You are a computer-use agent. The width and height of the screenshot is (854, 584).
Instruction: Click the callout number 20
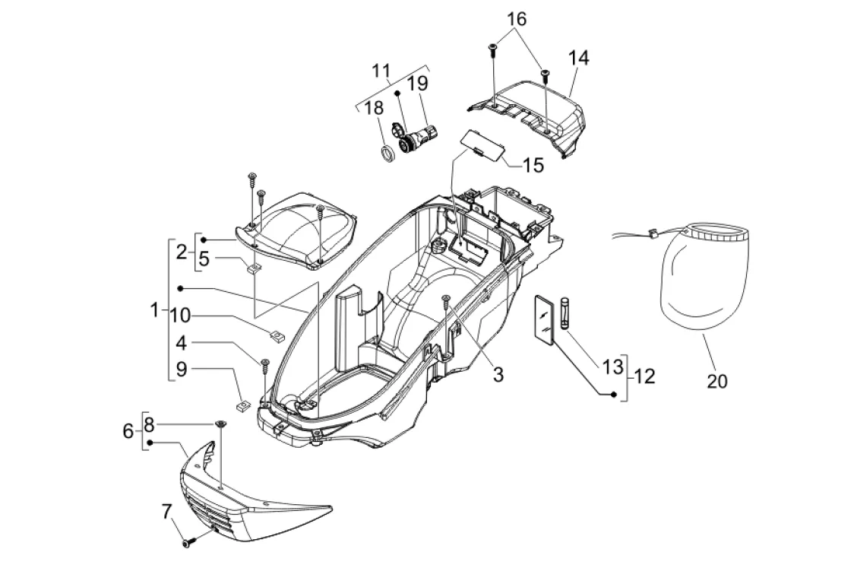click(716, 381)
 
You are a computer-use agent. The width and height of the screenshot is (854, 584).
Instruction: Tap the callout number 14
click(579, 57)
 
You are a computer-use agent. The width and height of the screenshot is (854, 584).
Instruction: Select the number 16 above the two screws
click(517, 19)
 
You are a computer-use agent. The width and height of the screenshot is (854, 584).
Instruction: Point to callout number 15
click(533, 165)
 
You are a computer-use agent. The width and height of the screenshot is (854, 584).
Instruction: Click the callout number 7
click(166, 512)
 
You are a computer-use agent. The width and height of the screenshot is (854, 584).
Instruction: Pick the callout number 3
click(498, 375)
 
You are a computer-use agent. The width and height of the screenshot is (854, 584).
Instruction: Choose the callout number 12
click(645, 376)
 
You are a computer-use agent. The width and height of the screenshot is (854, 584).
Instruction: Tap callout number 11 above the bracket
click(381, 71)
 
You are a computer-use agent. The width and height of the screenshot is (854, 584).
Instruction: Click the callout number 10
click(180, 315)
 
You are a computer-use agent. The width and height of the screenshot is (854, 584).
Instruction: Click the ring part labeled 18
click(388, 154)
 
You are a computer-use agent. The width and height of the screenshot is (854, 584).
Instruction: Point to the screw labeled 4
click(266, 365)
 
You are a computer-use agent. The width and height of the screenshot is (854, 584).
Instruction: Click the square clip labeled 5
click(255, 268)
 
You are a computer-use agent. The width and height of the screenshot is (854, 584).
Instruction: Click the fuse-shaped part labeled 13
click(565, 313)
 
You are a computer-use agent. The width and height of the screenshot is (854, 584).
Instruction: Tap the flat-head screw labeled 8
click(221, 424)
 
